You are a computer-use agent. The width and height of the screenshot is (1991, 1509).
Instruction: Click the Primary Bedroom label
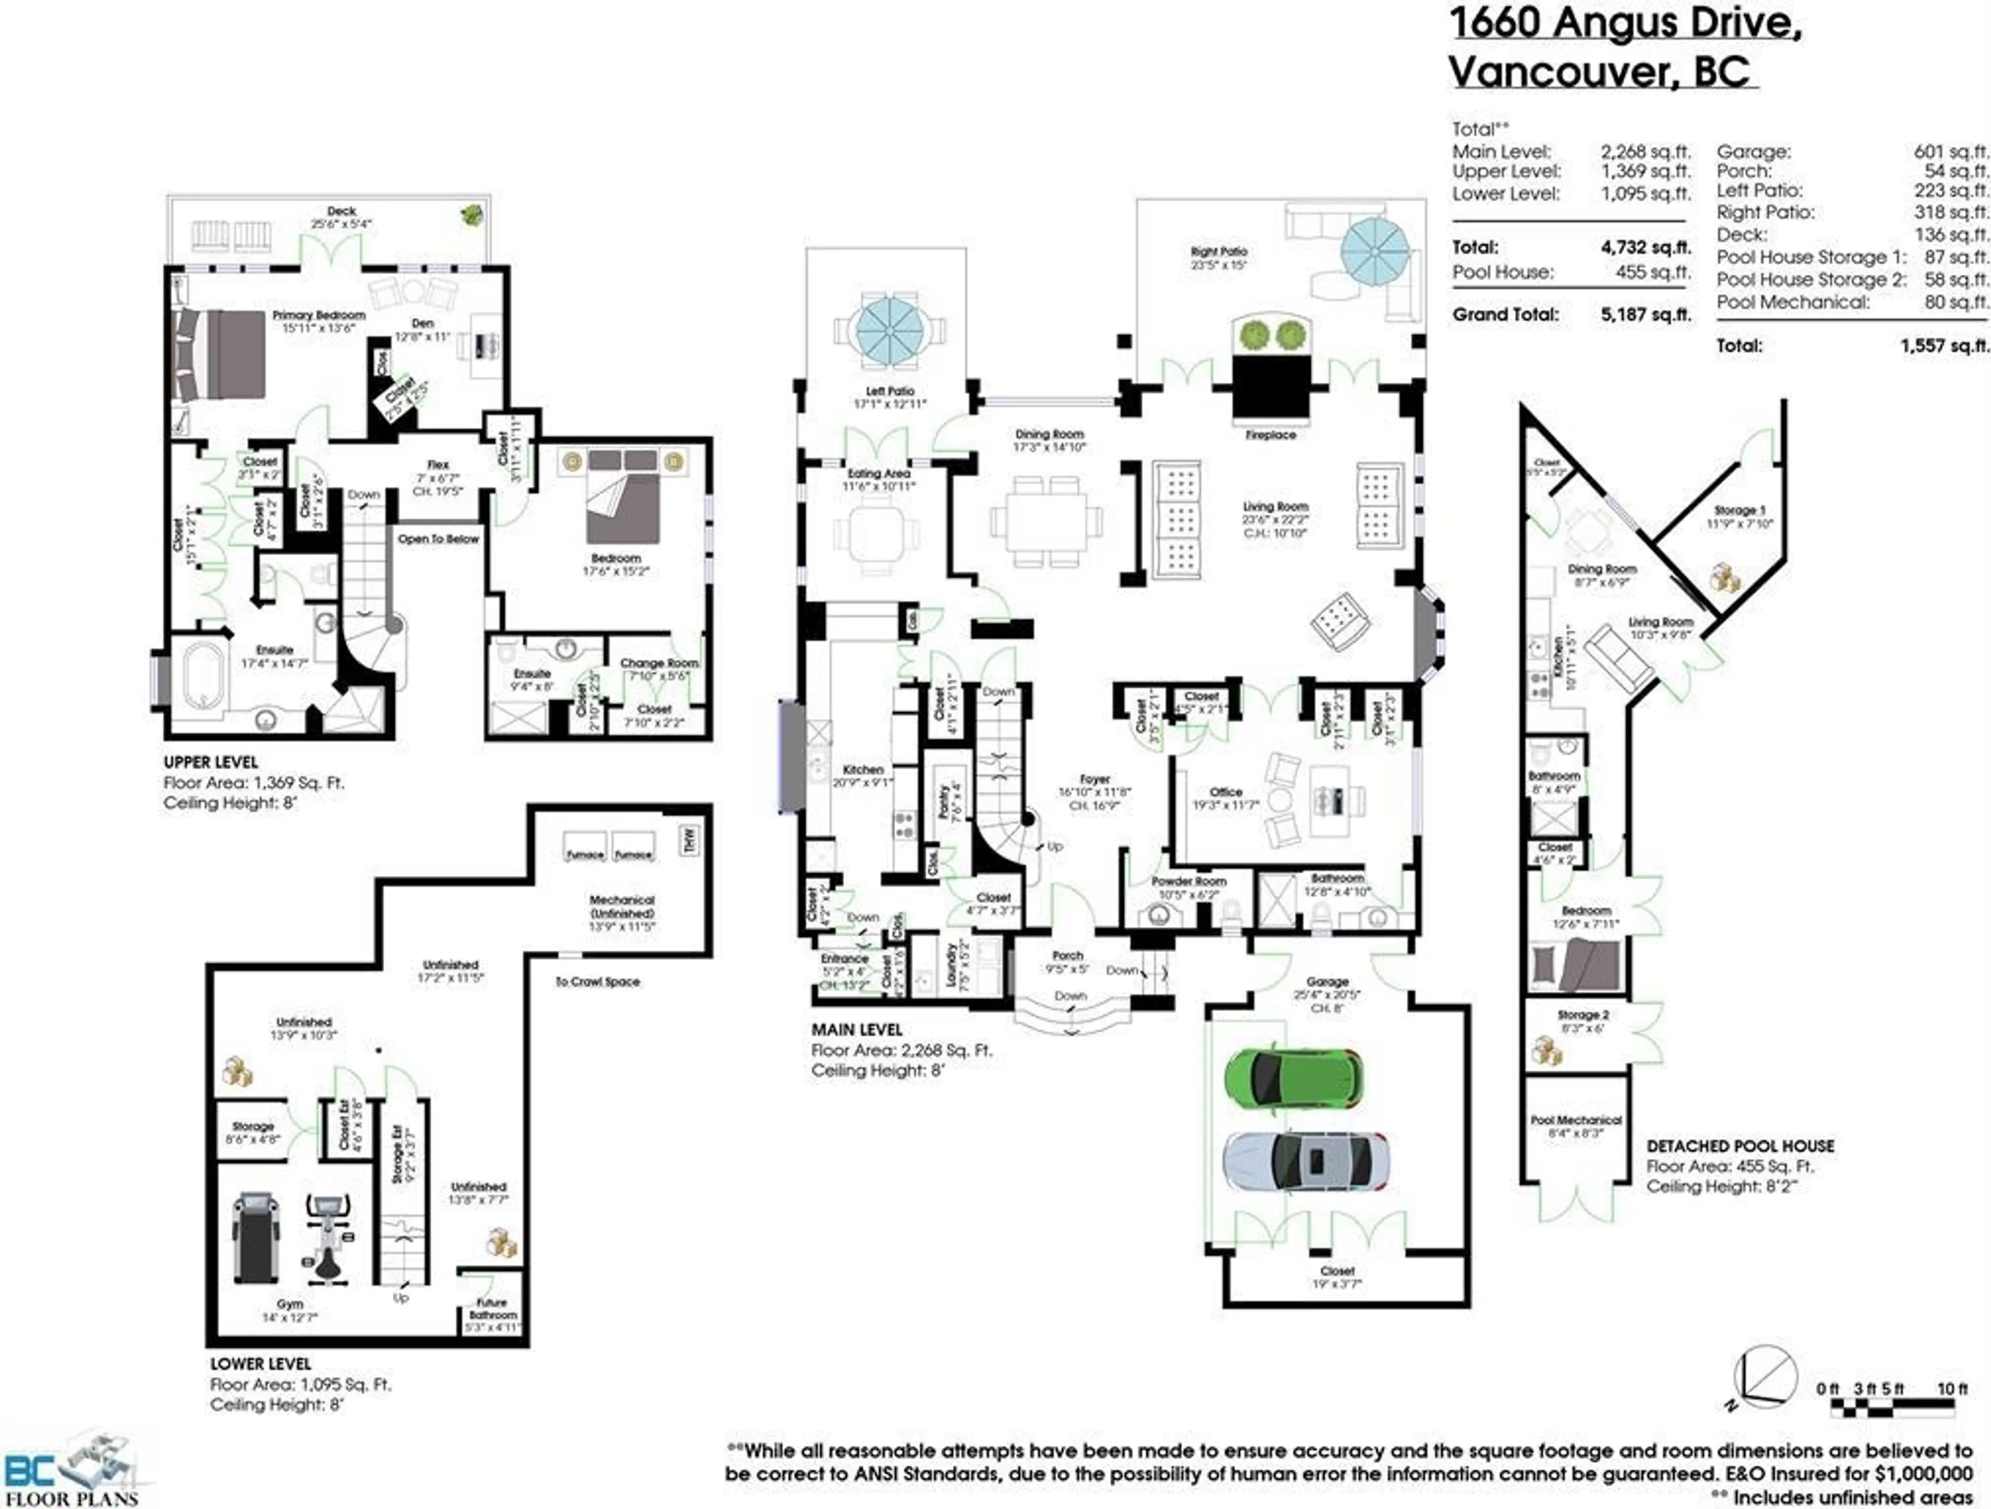tap(319, 316)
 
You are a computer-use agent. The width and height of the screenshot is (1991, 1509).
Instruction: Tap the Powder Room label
tap(1188, 882)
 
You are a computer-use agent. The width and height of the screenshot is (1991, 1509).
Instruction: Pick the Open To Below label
tap(438, 539)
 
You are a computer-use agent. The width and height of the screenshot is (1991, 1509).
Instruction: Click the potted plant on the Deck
tap(470, 214)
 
